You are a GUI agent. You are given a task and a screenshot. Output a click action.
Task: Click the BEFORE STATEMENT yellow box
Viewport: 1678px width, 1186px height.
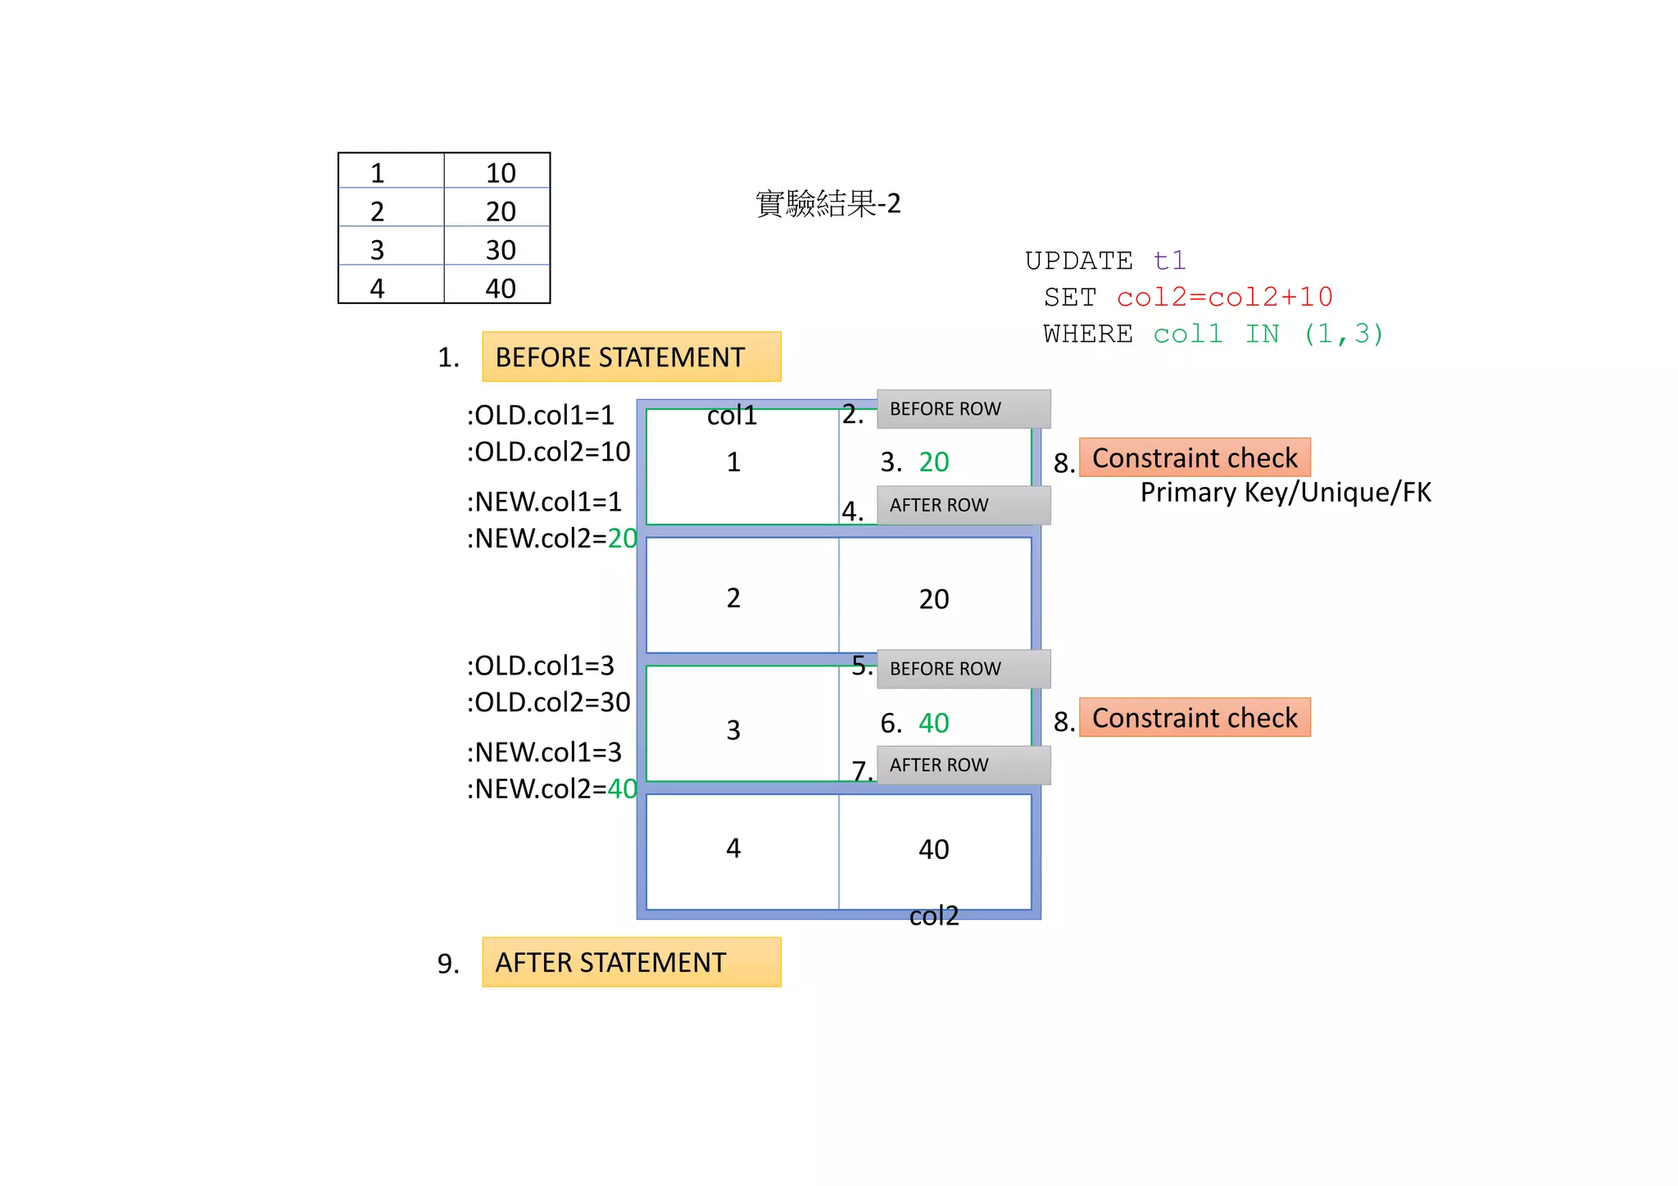coord(631,357)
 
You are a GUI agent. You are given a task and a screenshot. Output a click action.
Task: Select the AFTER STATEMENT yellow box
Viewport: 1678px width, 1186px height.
coord(631,961)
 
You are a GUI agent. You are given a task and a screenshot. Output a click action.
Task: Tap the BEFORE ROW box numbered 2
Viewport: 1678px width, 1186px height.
coord(964,409)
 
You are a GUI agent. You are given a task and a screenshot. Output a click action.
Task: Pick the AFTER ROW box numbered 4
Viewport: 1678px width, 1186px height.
coord(964,505)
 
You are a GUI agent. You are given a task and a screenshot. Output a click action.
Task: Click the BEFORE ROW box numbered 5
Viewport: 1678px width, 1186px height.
coord(964,669)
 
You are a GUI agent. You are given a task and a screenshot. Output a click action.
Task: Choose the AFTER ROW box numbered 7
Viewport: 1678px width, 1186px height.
coord(964,765)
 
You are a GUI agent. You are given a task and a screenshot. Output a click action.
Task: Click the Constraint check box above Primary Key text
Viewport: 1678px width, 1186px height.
coord(1195,457)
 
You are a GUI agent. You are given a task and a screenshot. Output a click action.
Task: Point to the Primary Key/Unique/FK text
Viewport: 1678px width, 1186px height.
coord(1286,493)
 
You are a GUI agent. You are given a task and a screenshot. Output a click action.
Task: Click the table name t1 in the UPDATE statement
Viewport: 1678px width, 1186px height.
coord(1169,261)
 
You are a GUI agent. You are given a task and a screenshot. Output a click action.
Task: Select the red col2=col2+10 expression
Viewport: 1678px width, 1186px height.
coord(1224,297)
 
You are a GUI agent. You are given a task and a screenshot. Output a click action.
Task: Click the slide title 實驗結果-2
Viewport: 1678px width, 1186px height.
coord(828,203)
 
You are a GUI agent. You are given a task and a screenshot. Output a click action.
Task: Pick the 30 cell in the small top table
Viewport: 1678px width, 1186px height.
coord(500,250)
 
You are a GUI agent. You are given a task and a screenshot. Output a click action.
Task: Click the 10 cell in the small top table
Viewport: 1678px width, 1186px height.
coord(500,173)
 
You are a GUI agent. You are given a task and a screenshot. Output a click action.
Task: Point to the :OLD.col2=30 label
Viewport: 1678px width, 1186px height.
coord(548,702)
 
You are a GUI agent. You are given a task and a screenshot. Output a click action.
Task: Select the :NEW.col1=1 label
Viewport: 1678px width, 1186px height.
coord(544,502)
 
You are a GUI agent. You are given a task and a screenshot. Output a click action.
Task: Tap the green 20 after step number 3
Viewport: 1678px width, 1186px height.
coord(934,462)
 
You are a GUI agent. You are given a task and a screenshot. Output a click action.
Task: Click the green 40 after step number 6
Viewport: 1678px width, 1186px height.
coord(934,723)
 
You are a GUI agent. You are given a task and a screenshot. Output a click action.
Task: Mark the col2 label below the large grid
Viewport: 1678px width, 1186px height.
coord(934,916)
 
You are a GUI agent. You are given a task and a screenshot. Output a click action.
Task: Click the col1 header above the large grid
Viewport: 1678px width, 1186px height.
coord(732,416)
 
